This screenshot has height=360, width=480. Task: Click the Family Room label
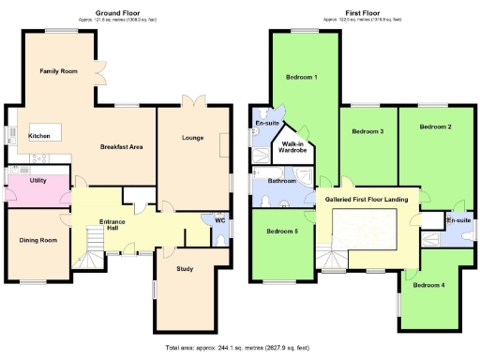point(57,71)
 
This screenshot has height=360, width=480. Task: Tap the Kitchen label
point(39,136)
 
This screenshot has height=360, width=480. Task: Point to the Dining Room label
point(38,240)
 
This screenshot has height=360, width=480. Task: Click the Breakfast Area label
point(122,147)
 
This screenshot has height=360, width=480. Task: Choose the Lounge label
point(192,138)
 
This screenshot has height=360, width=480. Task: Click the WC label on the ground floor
point(219,221)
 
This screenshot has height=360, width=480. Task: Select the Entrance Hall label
point(112,227)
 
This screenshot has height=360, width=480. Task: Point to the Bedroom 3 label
point(367,131)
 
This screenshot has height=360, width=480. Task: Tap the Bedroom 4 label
point(428,284)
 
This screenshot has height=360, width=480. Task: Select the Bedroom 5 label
point(282,231)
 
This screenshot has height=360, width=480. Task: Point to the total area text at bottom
point(240,348)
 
